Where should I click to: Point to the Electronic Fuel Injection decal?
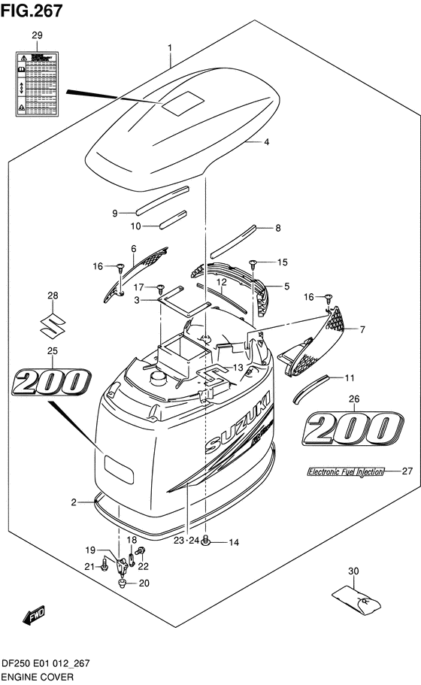tap(345, 472)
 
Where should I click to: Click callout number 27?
tap(407, 471)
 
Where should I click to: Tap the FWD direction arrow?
tap(35, 618)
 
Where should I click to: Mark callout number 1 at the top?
tap(170, 48)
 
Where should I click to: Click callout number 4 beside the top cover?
tap(265, 141)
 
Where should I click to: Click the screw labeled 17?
tap(160, 288)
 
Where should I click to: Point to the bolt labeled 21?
tap(104, 566)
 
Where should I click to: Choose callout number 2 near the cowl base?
tap(74, 502)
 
